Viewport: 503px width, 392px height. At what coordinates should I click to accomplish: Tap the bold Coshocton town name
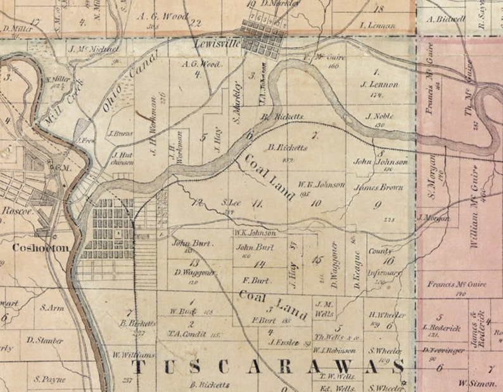(x=39, y=248)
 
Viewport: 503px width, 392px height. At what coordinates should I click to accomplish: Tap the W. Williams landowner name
(x=133, y=355)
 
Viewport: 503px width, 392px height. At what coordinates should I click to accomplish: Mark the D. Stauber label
(x=44, y=341)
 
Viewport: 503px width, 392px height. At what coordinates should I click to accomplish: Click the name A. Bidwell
(x=447, y=19)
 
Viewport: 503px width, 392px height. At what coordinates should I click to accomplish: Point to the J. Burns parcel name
(x=119, y=134)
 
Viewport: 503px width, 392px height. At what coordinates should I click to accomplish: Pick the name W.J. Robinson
(x=334, y=350)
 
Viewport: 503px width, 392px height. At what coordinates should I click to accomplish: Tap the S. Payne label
(x=49, y=379)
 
